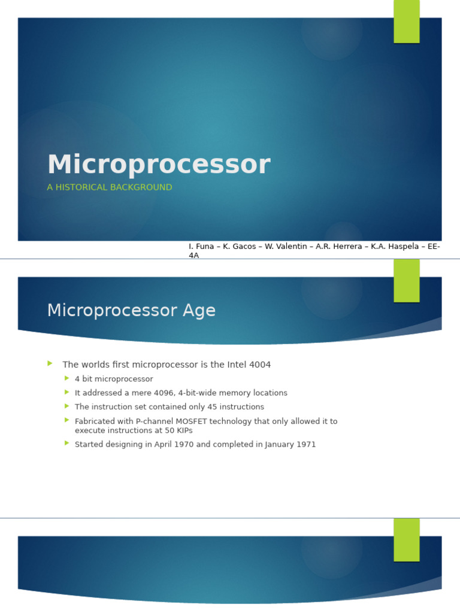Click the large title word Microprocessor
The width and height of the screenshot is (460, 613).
tap(159, 165)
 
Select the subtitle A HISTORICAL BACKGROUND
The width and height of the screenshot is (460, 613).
tap(110, 187)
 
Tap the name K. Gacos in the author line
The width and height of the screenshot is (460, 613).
tap(240, 247)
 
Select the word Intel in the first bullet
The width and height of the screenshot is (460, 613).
tap(237, 365)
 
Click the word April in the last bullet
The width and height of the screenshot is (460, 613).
tap(165, 445)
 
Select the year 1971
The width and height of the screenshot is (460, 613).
tap(305, 445)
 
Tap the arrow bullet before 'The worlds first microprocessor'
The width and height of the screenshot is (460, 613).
tap(50, 363)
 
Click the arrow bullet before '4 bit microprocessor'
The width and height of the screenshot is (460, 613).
tap(67, 378)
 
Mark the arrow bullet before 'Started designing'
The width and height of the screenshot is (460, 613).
tap(67, 444)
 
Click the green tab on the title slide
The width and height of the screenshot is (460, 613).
tap(407, 22)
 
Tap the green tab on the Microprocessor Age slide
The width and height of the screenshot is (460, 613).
tap(407, 280)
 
